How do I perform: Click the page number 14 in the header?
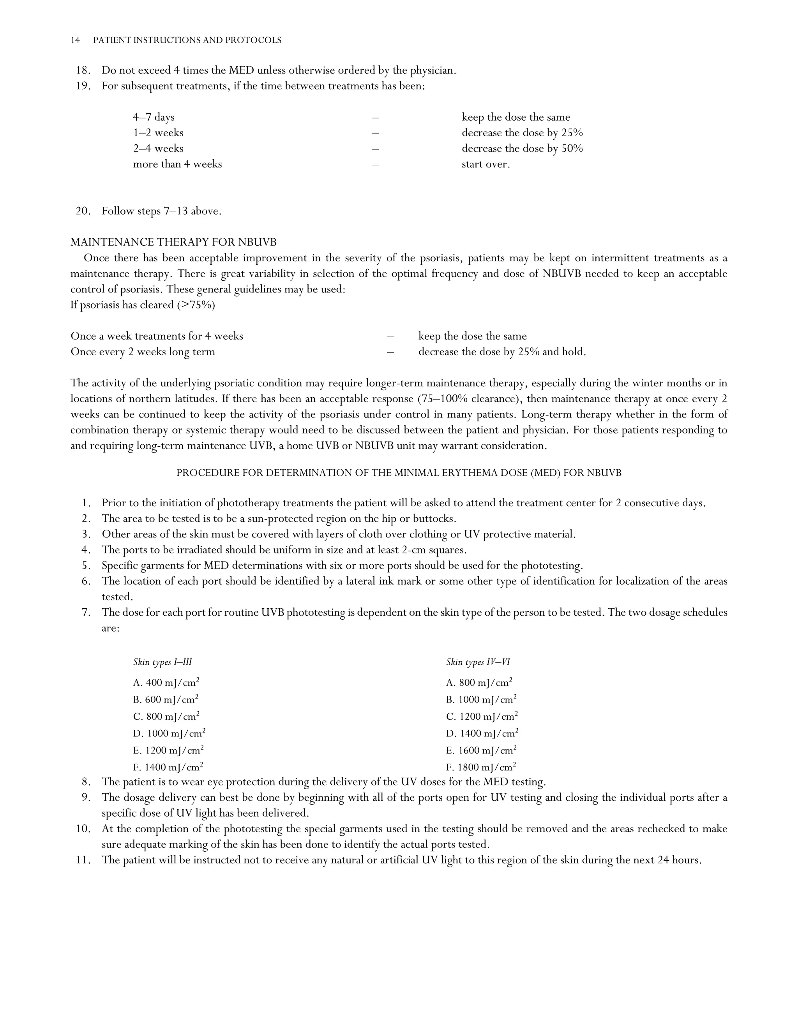[75, 41]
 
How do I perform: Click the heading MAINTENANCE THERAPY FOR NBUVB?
[173, 242]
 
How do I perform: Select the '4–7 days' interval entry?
[154, 117]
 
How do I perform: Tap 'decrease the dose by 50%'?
[522, 148]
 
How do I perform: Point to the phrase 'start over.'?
[486, 164]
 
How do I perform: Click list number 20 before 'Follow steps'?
[83, 211]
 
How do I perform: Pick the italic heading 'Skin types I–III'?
[162, 662]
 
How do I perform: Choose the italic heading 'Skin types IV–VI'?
[478, 662]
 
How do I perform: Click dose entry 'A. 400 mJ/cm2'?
[166, 683]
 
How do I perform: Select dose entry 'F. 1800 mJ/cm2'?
[481, 767]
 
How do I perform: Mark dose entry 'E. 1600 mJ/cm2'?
[481, 750]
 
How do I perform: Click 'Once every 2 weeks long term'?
[143, 352]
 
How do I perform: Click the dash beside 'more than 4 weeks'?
[375, 164]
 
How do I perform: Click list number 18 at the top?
[83, 71]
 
